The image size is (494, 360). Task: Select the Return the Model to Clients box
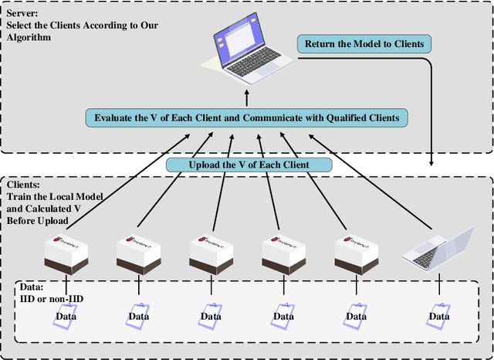pos(364,43)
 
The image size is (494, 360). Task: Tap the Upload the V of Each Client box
pos(249,165)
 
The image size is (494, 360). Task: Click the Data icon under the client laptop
pos(438,315)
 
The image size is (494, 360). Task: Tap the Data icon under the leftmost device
pos(66,315)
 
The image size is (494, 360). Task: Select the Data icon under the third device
pos(211,315)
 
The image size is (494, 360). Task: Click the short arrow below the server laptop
pos(247,98)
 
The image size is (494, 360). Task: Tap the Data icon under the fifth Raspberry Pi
pos(356,315)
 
